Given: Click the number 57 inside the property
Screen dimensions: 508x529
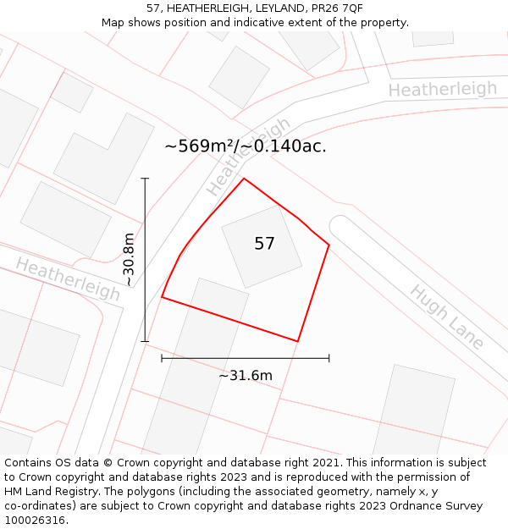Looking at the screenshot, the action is (x=264, y=244).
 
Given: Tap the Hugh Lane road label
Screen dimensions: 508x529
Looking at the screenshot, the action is (x=447, y=317).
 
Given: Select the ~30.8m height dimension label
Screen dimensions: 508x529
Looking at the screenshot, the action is (x=129, y=260).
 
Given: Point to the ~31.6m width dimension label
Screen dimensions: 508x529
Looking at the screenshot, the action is (x=246, y=375).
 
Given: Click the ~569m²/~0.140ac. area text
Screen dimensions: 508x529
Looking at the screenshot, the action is (x=245, y=146).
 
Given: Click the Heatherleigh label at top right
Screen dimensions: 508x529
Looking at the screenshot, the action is (x=443, y=89).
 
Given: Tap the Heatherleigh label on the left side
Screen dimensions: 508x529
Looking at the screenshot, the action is (x=68, y=278).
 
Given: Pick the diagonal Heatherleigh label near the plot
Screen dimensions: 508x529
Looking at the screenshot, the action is (x=247, y=157).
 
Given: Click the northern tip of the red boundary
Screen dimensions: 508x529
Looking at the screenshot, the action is (x=244, y=178).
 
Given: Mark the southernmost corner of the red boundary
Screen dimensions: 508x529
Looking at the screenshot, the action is (x=298, y=341).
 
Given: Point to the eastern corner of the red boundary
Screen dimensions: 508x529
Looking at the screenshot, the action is (x=329, y=245).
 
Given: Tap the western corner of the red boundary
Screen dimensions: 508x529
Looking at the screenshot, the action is (x=162, y=297).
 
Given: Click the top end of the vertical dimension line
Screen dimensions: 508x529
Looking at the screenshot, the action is (x=145, y=179).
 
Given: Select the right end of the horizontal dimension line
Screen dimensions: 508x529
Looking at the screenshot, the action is (x=329, y=359).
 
